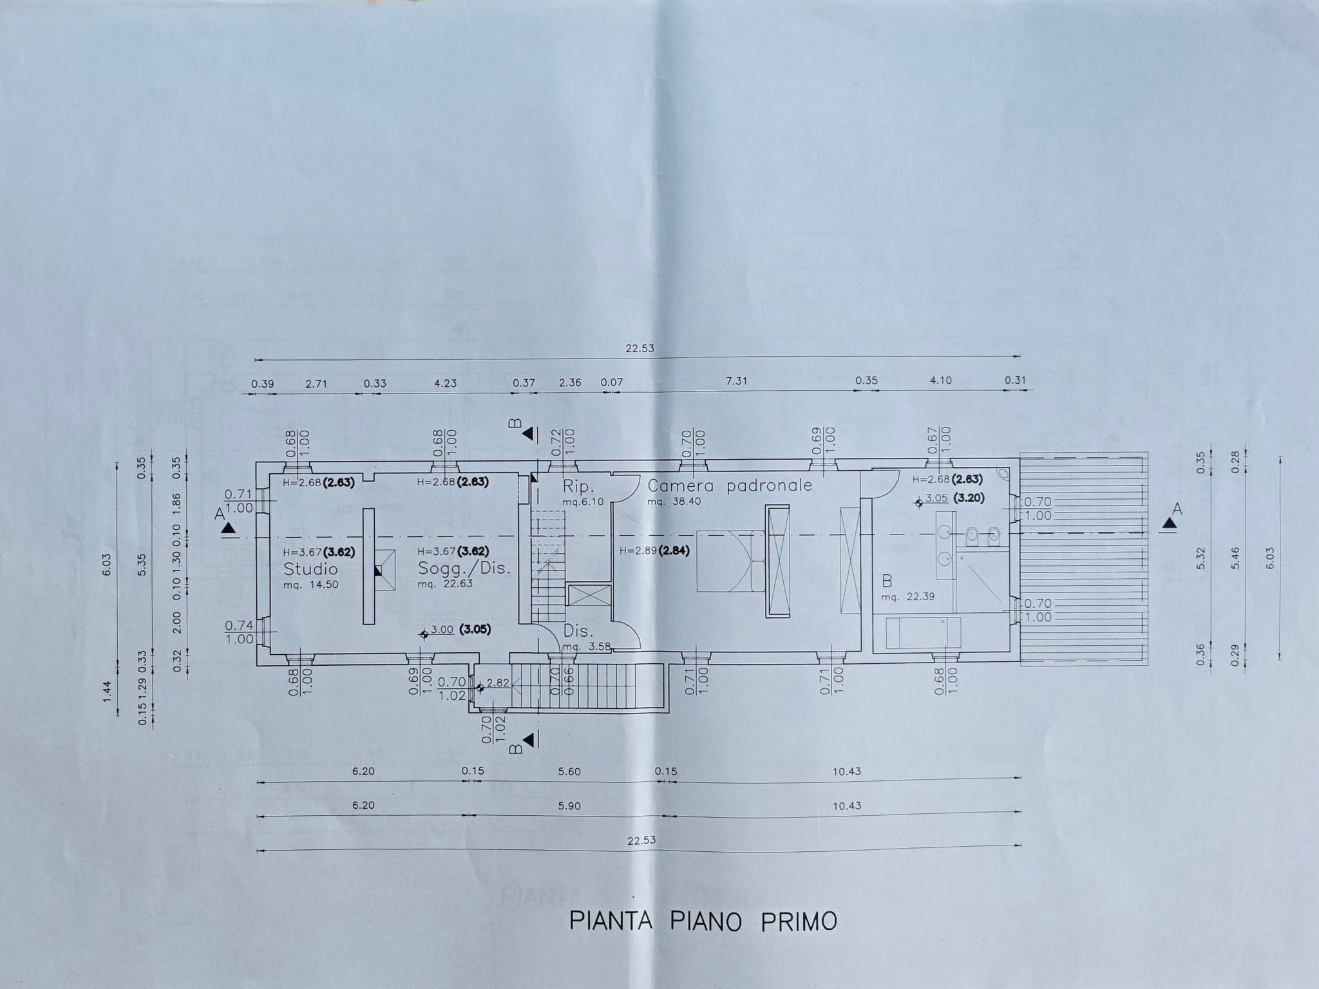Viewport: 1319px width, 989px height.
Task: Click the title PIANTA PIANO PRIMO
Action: click(703, 921)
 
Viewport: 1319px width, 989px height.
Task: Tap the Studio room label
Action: click(310, 569)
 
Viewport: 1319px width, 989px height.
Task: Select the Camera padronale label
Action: click(730, 486)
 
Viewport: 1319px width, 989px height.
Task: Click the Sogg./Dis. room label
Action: click(464, 569)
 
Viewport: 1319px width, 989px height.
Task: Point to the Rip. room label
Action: click(577, 485)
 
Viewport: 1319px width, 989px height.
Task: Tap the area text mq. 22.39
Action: click(908, 597)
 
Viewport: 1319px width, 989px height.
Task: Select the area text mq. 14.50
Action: click(310, 585)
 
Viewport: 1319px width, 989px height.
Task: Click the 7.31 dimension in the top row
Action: click(737, 381)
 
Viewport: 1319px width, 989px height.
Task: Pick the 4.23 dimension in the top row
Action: click(446, 383)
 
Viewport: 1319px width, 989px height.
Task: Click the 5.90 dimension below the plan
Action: click(570, 805)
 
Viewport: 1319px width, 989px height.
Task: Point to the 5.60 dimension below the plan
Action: click(570, 771)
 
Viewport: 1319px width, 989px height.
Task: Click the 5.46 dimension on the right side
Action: click(1235, 561)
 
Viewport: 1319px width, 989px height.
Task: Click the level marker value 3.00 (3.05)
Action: click(460, 630)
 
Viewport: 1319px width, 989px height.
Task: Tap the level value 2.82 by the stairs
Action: click(498, 683)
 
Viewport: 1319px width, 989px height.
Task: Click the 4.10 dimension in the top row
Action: click(941, 381)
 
